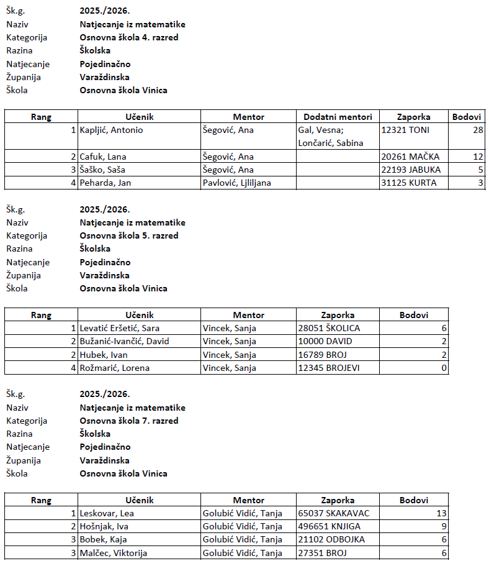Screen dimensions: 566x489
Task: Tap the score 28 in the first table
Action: coord(477,130)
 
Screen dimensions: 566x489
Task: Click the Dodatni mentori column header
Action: coord(338,117)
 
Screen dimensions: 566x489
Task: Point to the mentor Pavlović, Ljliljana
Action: coord(237,183)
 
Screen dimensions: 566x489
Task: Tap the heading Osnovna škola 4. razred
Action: coord(129,37)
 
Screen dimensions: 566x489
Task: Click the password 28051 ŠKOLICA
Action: coord(329,328)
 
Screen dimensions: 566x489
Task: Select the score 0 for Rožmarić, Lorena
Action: coord(443,368)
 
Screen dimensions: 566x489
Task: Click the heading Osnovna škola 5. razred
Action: coord(129,235)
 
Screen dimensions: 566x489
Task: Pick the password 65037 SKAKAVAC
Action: coord(334,513)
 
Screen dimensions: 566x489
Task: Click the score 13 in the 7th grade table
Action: coord(441,513)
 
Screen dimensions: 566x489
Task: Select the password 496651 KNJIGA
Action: coord(330,526)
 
